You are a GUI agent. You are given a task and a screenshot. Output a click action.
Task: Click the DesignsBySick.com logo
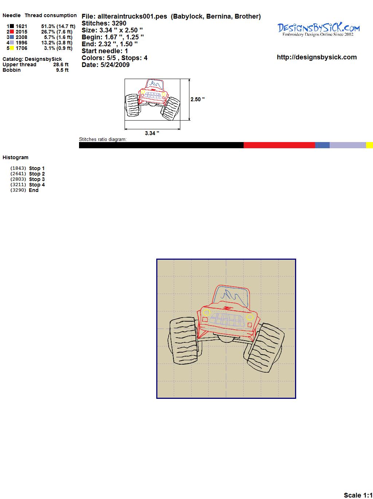(x=318, y=30)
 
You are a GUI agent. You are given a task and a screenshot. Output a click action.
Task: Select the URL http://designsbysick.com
(x=317, y=57)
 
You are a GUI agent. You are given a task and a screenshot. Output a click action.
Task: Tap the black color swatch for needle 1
(x=12, y=26)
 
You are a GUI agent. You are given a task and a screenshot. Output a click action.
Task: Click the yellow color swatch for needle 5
(x=12, y=48)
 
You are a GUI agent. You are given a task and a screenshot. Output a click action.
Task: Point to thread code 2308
(x=21, y=37)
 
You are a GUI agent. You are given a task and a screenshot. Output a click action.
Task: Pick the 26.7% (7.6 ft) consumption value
(x=57, y=32)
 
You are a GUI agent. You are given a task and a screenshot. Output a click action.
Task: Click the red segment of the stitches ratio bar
(x=279, y=145)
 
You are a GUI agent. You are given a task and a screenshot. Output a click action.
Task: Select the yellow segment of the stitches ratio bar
(x=369, y=145)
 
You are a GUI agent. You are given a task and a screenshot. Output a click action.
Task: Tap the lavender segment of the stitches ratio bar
(x=348, y=145)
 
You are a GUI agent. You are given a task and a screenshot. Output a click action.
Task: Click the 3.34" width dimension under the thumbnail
(x=152, y=133)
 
